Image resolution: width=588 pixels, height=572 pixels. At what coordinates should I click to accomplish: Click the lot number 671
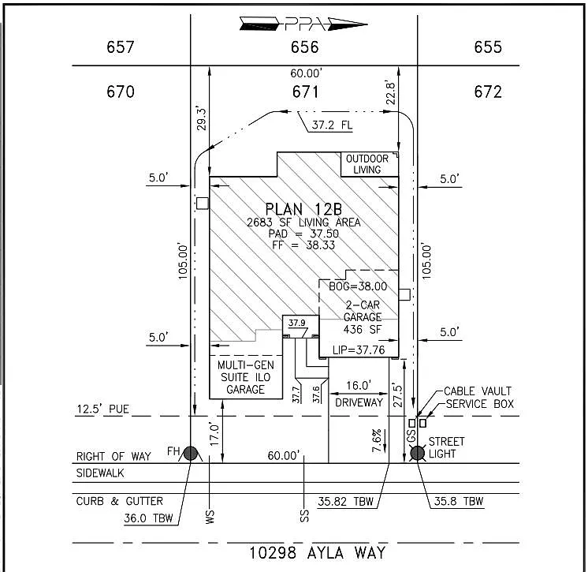305,92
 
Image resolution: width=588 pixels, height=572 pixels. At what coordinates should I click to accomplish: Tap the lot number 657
121,47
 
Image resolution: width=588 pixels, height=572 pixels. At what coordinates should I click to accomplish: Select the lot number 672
488,92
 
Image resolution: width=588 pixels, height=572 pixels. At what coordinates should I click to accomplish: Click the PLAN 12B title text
303,209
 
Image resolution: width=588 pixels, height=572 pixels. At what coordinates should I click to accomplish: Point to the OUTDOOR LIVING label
367,164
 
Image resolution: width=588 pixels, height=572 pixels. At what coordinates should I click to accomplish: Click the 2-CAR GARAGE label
363,311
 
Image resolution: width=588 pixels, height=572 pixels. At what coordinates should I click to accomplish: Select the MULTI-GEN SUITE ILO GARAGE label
246,377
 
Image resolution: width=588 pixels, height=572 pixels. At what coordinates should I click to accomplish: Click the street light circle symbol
417,452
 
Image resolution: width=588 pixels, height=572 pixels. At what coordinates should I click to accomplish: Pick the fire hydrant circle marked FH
190,452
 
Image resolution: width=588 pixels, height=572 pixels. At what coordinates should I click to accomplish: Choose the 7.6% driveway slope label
378,436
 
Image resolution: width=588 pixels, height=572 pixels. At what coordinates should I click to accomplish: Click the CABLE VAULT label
478,391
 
